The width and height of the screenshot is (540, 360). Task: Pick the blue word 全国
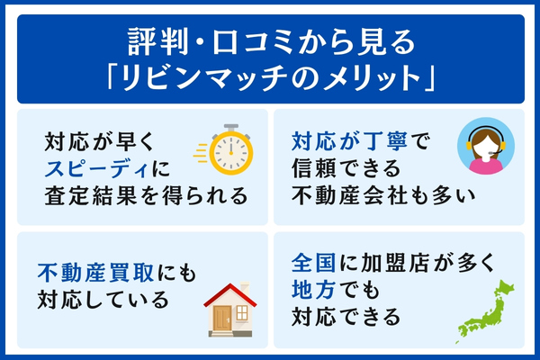click(x=311, y=264)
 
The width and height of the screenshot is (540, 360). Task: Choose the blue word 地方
click(x=311, y=290)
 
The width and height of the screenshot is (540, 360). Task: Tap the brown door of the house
click(x=221, y=316)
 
